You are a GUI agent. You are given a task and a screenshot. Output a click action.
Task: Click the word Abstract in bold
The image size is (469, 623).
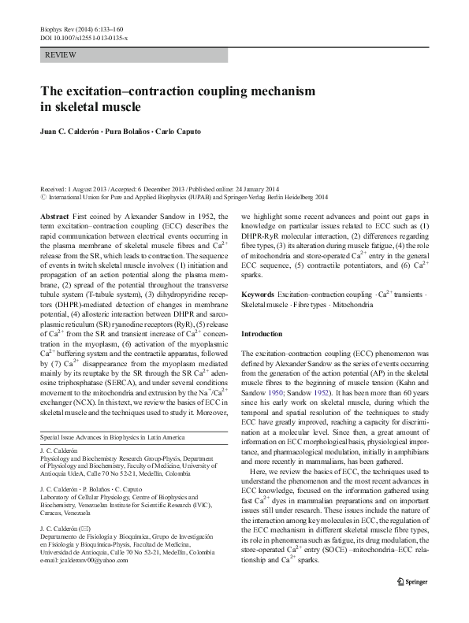click(x=54, y=215)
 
